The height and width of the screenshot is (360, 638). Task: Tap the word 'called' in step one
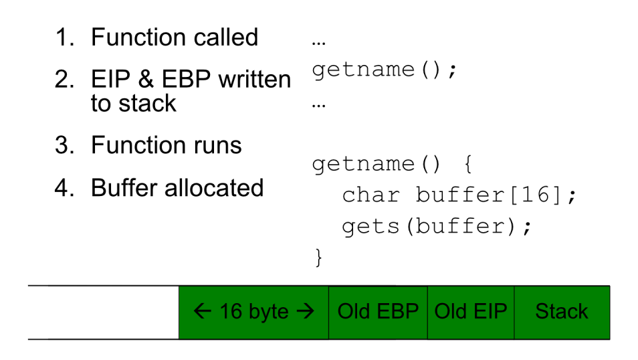click(x=226, y=37)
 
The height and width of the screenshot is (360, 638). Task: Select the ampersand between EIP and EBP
click(x=146, y=78)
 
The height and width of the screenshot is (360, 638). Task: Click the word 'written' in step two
click(x=255, y=78)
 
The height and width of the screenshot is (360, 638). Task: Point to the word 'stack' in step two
click(x=147, y=103)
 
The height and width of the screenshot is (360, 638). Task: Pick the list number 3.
click(x=64, y=145)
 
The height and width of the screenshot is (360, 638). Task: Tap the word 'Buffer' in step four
click(x=124, y=188)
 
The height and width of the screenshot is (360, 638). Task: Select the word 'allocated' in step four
click(x=214, y=188)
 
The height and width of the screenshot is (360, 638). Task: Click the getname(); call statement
click(x=385, y=70)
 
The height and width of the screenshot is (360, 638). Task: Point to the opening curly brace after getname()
click(x=468, y=164)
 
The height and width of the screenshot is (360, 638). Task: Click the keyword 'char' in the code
click(x=371, y=195)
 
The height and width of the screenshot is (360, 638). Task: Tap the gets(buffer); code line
click(x=437, y=226)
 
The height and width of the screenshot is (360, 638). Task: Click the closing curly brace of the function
click(x=318, y=258)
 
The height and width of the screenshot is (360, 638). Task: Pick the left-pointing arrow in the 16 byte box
click(x=202, y=312)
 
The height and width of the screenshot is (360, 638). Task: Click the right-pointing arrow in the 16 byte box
click(x=306, y=312)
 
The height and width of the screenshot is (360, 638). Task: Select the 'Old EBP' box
click(x=378, y=312)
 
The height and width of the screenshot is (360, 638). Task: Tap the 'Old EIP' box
click(x=471, y=312)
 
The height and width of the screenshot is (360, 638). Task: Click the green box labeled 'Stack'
click(x=562, y=312)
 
